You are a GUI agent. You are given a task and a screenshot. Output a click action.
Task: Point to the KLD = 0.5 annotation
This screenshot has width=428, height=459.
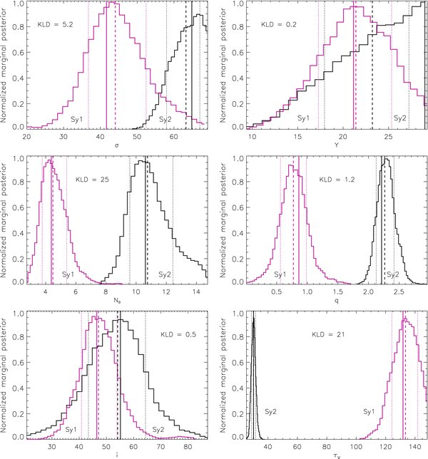[x=165, y=334]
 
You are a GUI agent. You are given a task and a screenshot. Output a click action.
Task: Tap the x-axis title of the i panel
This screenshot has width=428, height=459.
[x=117, y=456]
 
